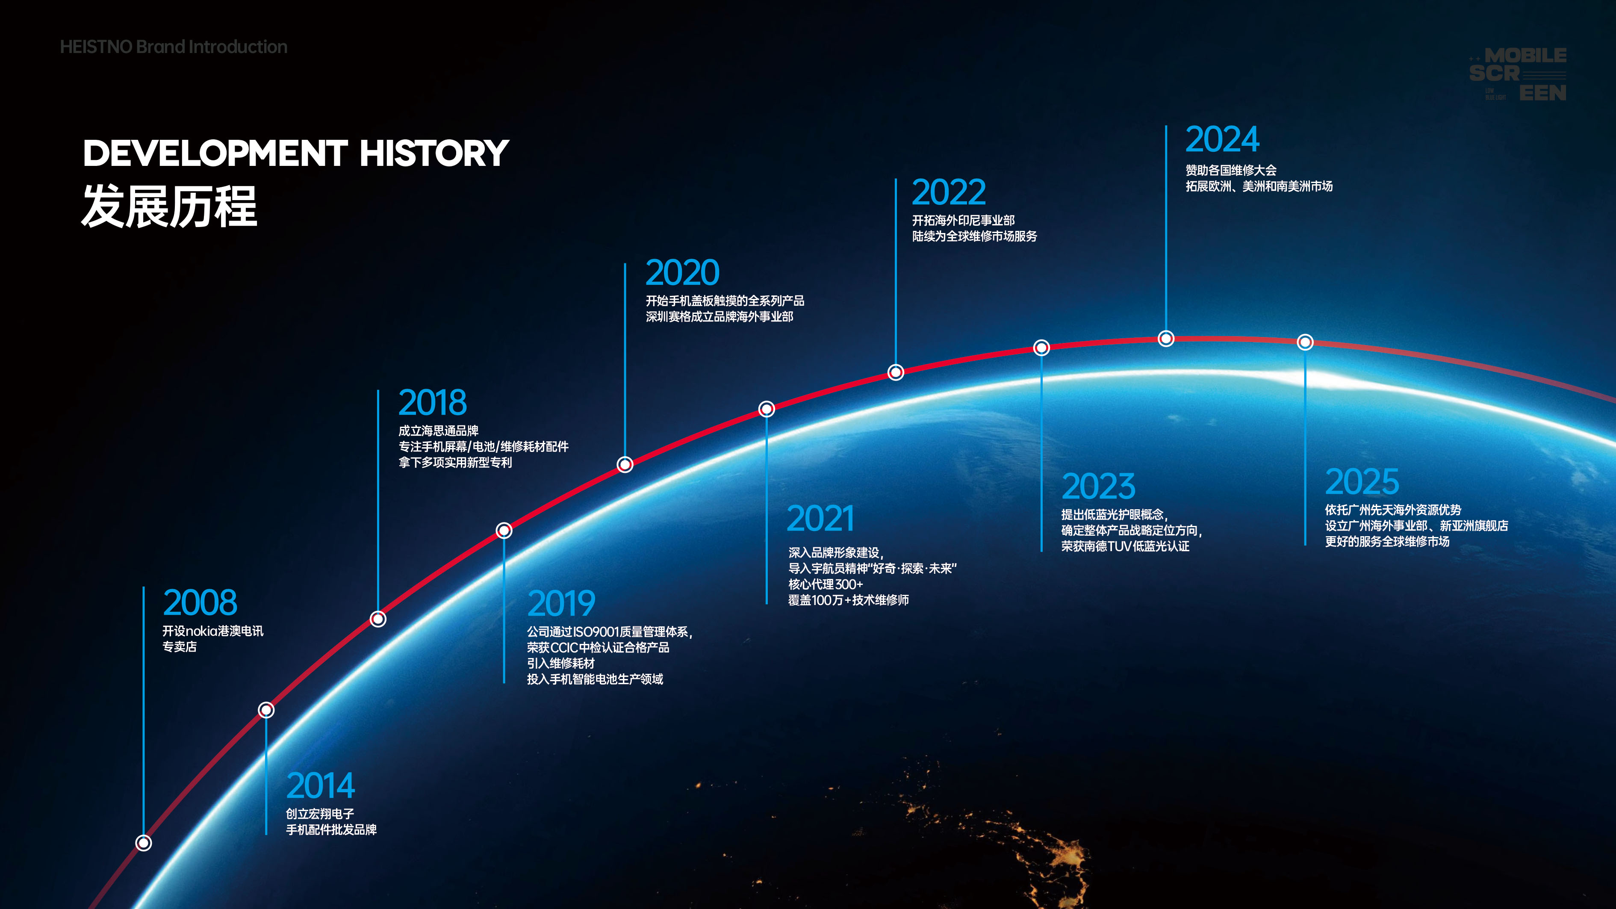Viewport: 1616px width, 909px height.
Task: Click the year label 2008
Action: pos(200,602)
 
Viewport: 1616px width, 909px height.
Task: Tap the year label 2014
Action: pos(321,785)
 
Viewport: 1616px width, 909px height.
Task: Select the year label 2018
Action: pos(433,403)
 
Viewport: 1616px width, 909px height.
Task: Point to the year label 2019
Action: pos(561,603)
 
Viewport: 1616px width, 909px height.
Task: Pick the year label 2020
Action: pos(683,273)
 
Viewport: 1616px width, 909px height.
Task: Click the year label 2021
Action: pos(820,519)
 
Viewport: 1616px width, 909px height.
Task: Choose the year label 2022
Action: pos(949,192)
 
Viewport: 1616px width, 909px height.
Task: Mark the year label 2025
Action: pos(1362,482)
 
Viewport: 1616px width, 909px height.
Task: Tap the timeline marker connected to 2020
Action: pos(625,464)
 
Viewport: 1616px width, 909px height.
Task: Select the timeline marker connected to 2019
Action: pos(504,531)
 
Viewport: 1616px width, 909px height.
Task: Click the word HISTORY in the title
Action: pos(434,153)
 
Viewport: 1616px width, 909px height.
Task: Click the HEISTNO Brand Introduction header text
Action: pos(174,47)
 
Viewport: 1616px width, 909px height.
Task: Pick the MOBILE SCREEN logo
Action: pos(1518,74)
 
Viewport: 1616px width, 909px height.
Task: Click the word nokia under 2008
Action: pos(201,631)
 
